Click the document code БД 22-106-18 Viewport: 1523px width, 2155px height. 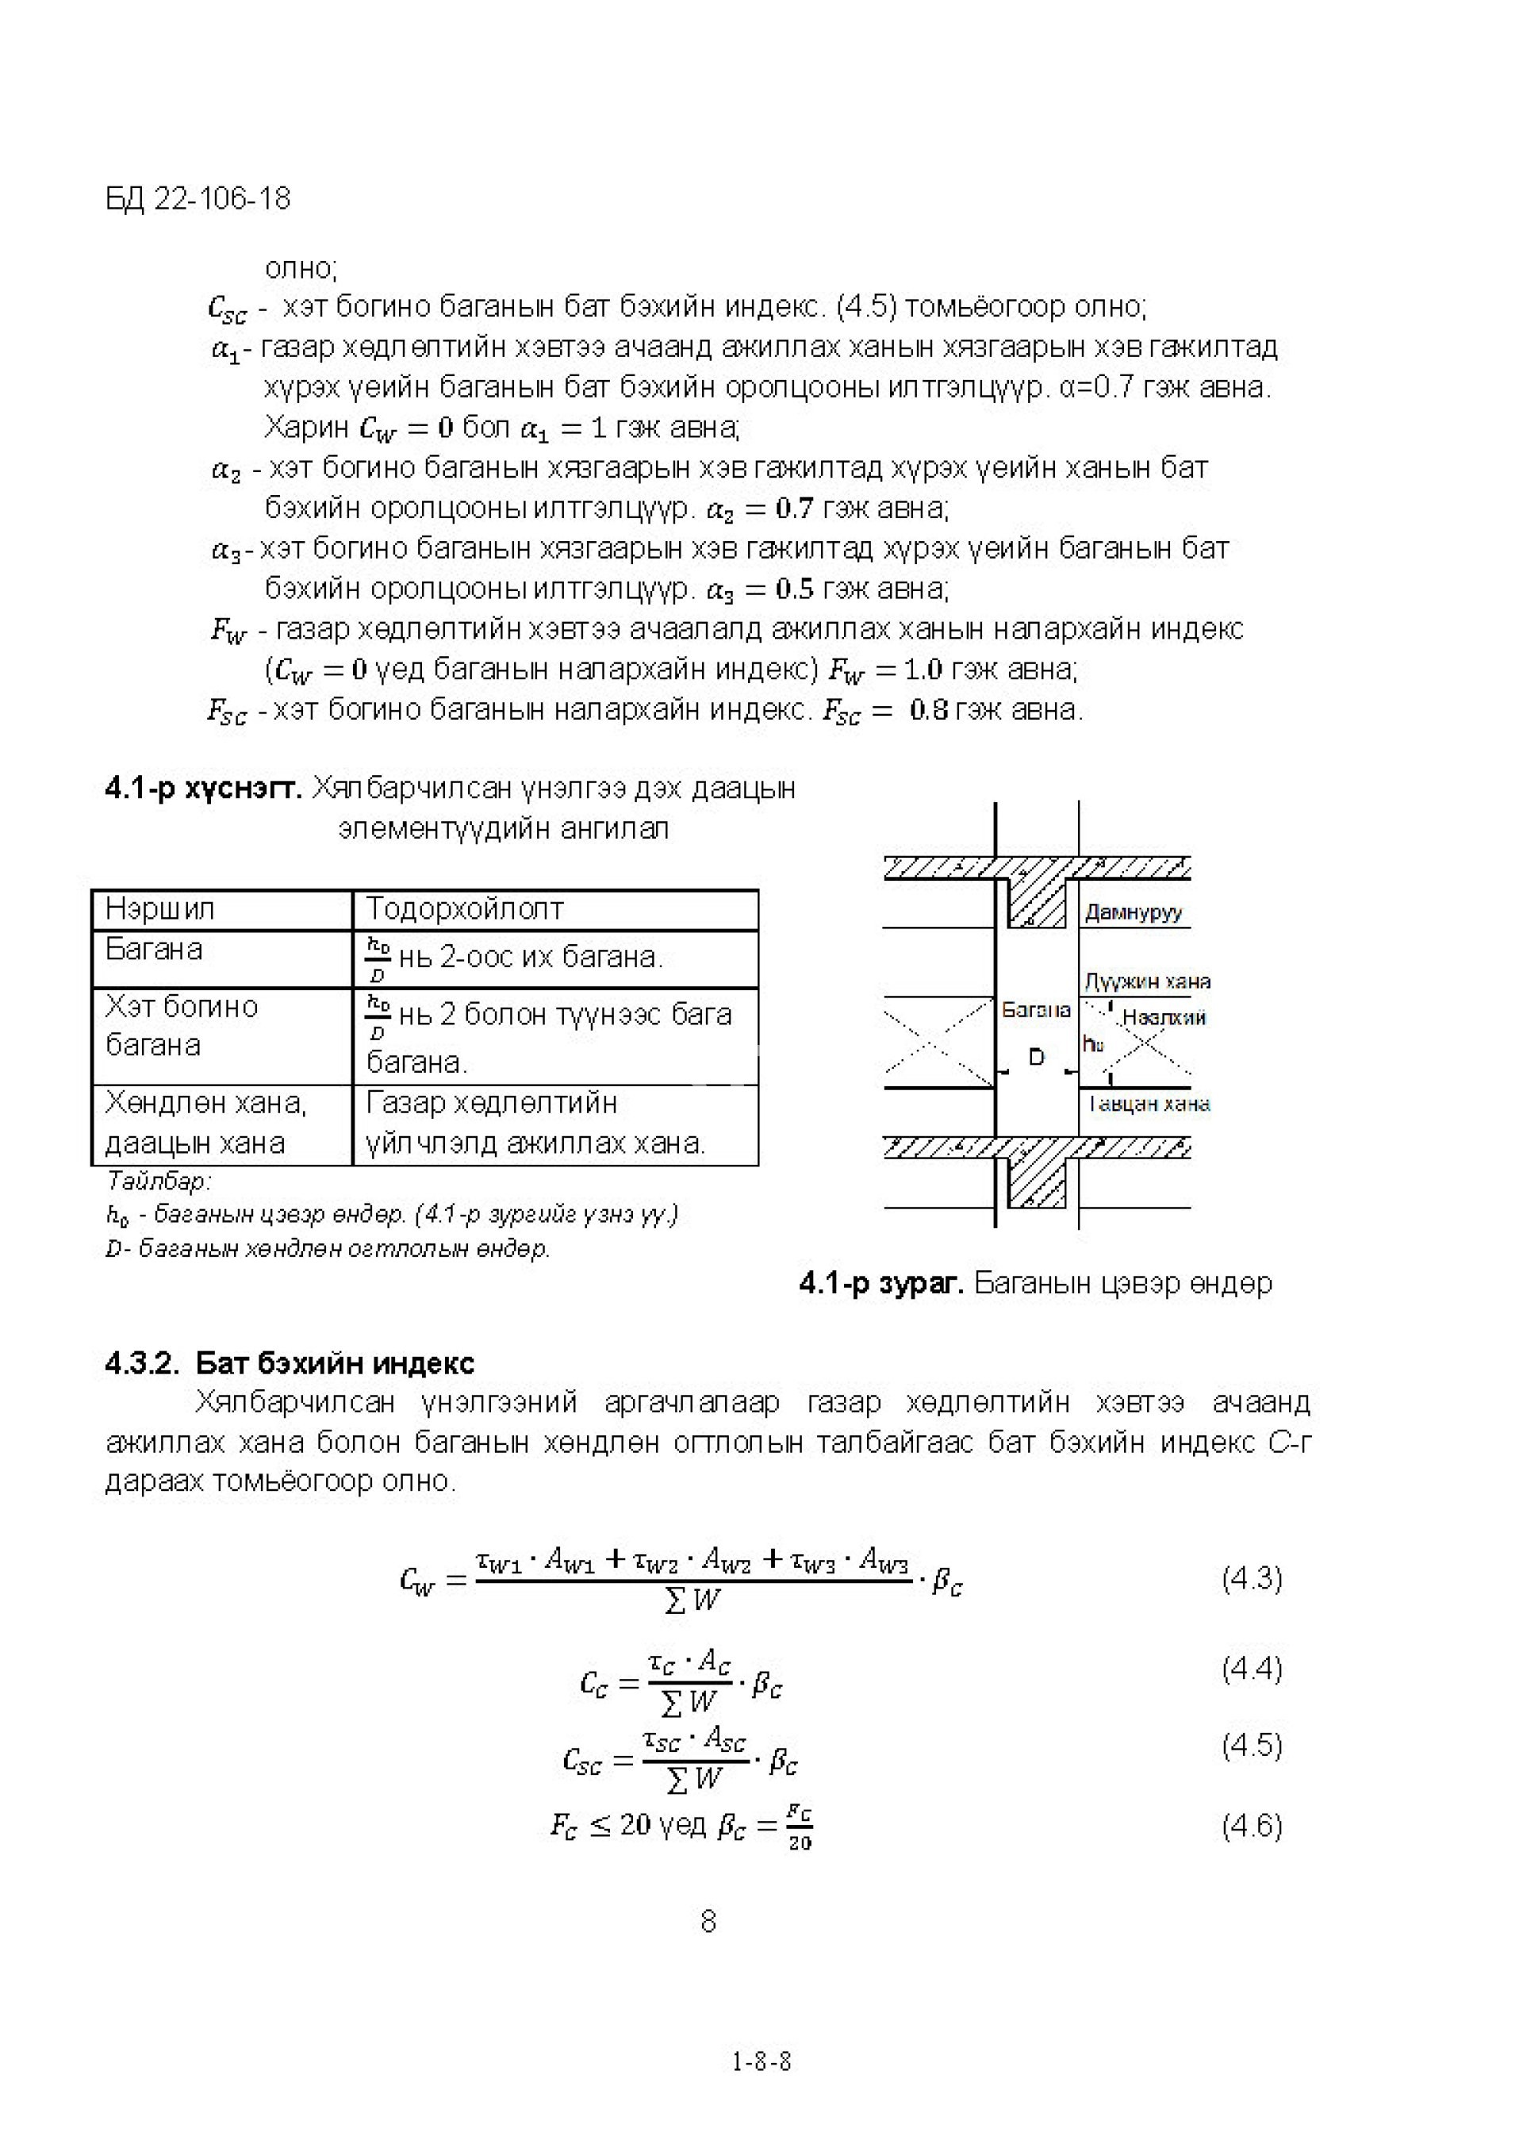click(x=198, y=199)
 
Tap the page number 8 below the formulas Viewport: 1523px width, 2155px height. click(x=708, y=1921)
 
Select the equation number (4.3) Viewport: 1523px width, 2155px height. click(x=1251, y=1579)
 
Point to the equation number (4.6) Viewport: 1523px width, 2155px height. click(x=1251, y=1826)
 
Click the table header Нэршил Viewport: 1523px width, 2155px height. click(x=159, y=908)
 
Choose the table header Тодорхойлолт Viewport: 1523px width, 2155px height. click(x=465, y=908)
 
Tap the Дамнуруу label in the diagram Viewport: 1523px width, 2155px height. click(x=1134, y=912)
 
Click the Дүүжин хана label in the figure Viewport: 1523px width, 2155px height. click(x=1147, y=981)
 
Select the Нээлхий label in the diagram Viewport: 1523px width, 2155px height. click(x=1164, y=1017)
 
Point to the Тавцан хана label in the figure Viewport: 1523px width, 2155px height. click(x=1149, y=1104)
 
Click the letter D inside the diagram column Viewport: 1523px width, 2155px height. click(x=1036, y=1058)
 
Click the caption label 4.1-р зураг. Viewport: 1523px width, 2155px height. click(x=881, y=1283)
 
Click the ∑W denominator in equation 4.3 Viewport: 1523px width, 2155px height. click(x=692, y=1600)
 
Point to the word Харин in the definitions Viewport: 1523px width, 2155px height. click(x=307, y=428)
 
